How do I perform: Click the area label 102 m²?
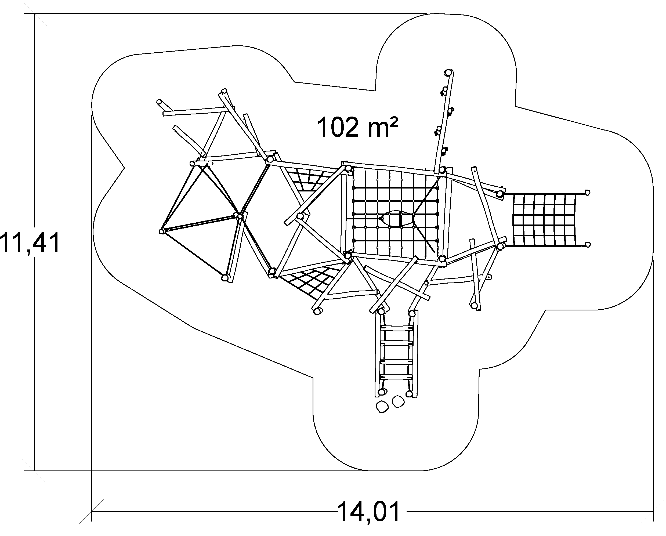point(357,127)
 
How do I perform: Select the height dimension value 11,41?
point(30,243)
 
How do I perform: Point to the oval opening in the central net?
point(397,219)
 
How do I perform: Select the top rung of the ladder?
point(397,328)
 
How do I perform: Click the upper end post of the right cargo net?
point(588,193)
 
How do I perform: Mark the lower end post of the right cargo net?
point(588,245)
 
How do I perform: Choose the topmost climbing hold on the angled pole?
point(444,90)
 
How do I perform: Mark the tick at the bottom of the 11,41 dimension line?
point(35,471)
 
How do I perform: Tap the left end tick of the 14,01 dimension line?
point(92,511)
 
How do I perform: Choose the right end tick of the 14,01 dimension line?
point(653,511)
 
